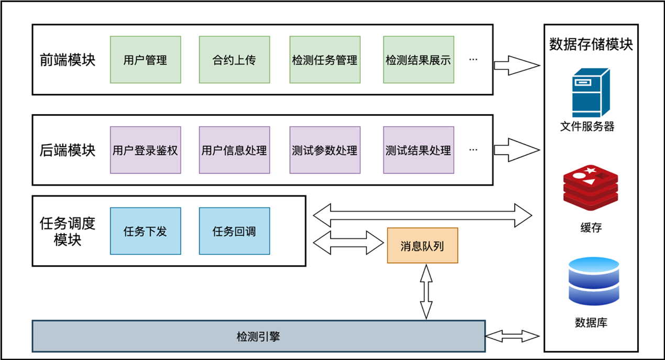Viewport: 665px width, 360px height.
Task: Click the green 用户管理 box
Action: [x=145, y=60]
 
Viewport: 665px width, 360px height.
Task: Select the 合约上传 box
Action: [x=234, y=60]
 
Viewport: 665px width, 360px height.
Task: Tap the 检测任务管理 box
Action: [x=325, y=60]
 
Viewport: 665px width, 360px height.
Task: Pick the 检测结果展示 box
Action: [x=418, y=60]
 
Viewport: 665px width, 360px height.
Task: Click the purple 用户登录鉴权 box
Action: [x=145, y=150]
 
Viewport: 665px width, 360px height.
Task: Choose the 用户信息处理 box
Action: [x=234, y=150]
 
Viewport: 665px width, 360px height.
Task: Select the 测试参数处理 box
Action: [x=325, y=150]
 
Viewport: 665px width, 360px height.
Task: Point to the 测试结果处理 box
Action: [x=418, y=150]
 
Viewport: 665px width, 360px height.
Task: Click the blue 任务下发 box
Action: [x=145, y=231]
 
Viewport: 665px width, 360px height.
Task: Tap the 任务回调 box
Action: [x=234, y=231]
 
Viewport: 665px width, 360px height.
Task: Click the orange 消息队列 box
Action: [x=422, y=245]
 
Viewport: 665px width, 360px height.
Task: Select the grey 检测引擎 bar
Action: [x=258, y=336]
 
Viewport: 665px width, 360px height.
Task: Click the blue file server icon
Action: [x=591, y=93]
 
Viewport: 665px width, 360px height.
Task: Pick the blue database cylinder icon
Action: [x=594, y=281]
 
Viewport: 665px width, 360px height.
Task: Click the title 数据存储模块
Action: [x=591, y=44]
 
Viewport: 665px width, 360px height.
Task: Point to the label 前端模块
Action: [x=68, y=60]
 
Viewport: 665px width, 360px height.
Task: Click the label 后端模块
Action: [x=68, y=150]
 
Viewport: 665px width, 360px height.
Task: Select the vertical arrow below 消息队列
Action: [x=426, y=291]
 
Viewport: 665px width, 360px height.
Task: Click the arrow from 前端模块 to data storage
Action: [x=516, y=66]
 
